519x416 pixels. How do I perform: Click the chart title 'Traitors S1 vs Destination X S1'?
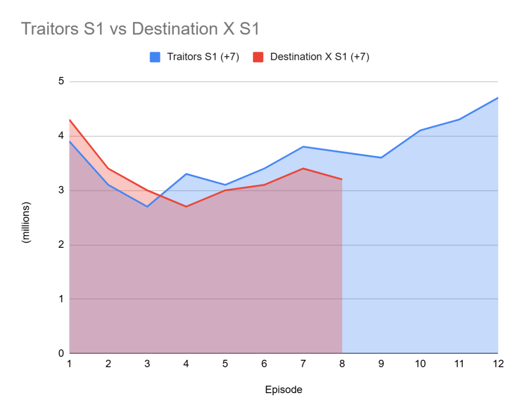pyautogui.click(x=140, y=29)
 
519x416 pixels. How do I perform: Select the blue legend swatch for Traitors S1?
pyautogui.click(x=155, y=57)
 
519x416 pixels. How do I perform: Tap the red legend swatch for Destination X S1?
pyautogui.click(x=258, y=57)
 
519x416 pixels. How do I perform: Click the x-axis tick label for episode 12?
pyautogui.click(x=498, y=364)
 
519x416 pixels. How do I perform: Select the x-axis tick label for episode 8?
pyautogui.click(x=342, y=364)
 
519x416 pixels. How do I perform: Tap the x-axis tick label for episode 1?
pyautogui.click(x=69, y=364)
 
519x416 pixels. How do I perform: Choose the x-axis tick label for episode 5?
pyautogui.click(x=225, y=364)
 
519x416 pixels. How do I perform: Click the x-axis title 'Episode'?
pyautogui.click(x=283, y=390)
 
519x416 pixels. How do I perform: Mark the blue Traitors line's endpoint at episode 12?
pyautogui.click(x=498, y=98)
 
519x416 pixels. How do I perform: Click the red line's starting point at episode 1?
pyautogui.click(x=69, y=120)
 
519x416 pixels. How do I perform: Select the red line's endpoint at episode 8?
pyautogui.click(x=342, y=179)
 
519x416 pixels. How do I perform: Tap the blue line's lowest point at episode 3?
pyautogui.click(x=147, y=206)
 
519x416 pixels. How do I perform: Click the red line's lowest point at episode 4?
pyautogui.click(x=186, y=206)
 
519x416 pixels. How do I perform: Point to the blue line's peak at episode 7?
pyautogui.click(x=303, y=146)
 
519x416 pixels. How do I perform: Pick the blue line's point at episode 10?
pyautogui.click(x=420, y=130)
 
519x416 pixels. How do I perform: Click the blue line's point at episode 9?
pyautogui.click(x=381, y=158)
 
